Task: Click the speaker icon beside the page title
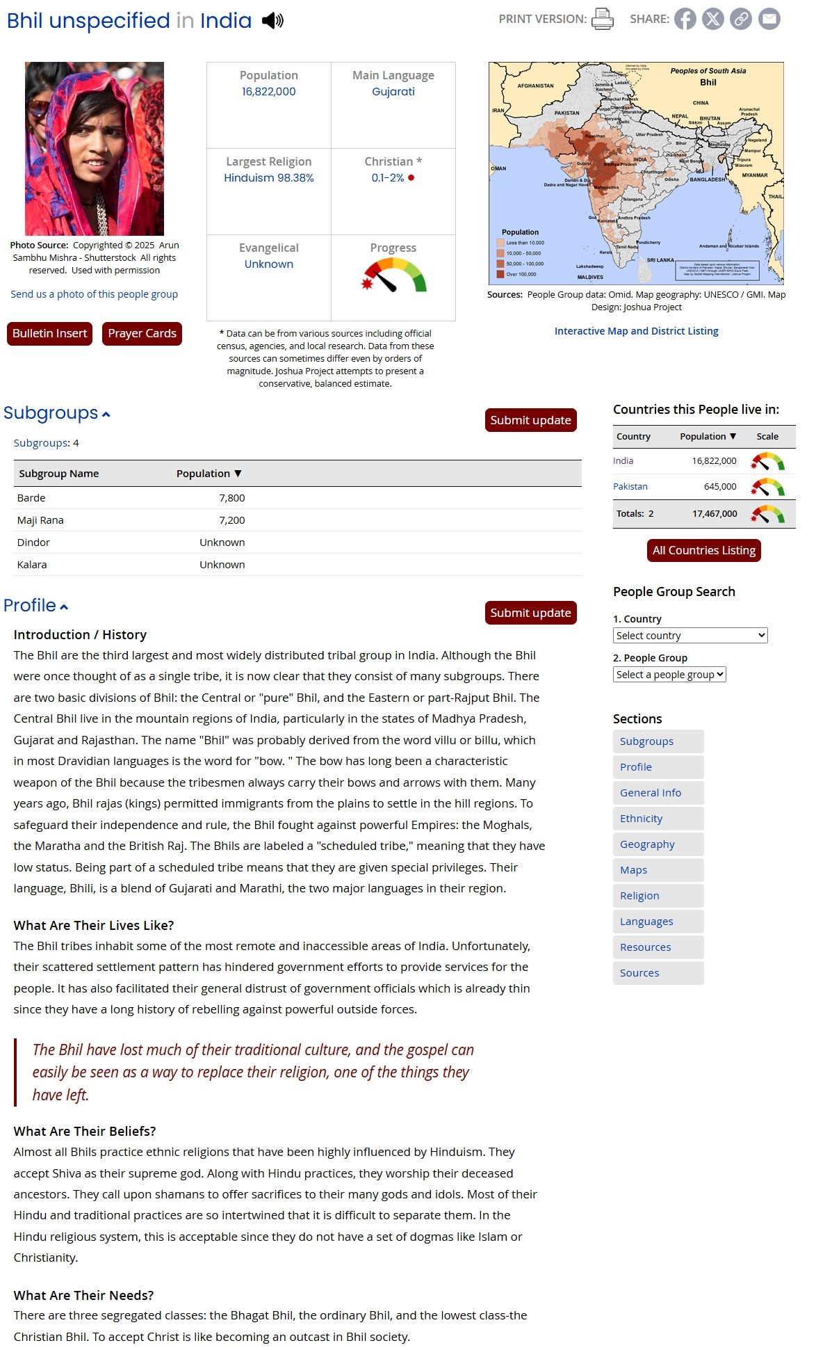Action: (272, 21)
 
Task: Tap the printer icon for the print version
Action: (602, 19)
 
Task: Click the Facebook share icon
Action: (685, 19)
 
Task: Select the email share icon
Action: (769, 19)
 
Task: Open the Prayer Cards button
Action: (142, 334)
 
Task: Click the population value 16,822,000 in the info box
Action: (268, 92)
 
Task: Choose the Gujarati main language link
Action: (393, 92)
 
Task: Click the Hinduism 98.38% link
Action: (268, 178)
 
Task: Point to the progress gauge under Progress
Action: (393, 275)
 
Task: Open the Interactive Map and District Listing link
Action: (636, 331)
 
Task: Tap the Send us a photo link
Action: (94, 294)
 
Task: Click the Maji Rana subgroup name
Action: (40, 520)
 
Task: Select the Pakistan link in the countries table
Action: (630, 487)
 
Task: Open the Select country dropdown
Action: (689, 636)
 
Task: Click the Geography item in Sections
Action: (647, 844)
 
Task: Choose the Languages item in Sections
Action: (646, 922)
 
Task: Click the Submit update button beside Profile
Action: (530, 613)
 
